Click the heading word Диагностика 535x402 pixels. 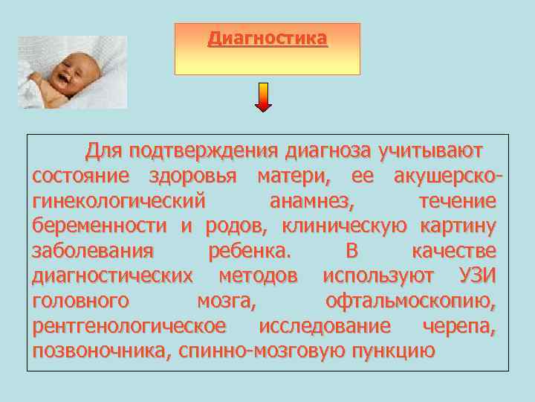[x=267, y=37]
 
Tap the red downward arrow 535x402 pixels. [x=264, y=97]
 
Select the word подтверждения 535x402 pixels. [x=204, y=152]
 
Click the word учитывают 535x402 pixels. [x=430, y=152]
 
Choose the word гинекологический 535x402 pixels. [x=118, y=202]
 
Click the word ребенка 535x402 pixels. [x=251, y=251]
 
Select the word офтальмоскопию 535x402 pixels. [x=412, y=301]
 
